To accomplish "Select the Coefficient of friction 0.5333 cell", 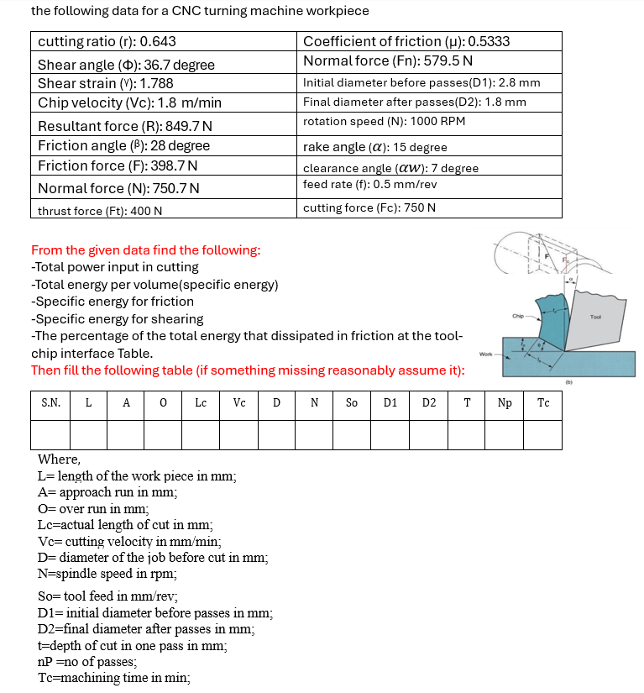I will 429,42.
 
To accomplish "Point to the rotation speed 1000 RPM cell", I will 429,121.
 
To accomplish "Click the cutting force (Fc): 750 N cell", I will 429,208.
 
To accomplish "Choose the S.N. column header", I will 50,403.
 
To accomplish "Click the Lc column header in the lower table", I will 201,403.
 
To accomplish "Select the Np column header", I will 505,403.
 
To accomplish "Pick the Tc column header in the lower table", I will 543,403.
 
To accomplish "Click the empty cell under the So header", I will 352,434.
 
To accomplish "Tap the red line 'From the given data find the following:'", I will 145,249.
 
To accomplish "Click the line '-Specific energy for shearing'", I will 117,318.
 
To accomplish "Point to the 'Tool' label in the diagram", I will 596,317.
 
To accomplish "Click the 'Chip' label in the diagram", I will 518,316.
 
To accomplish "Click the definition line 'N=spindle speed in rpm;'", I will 107,575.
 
